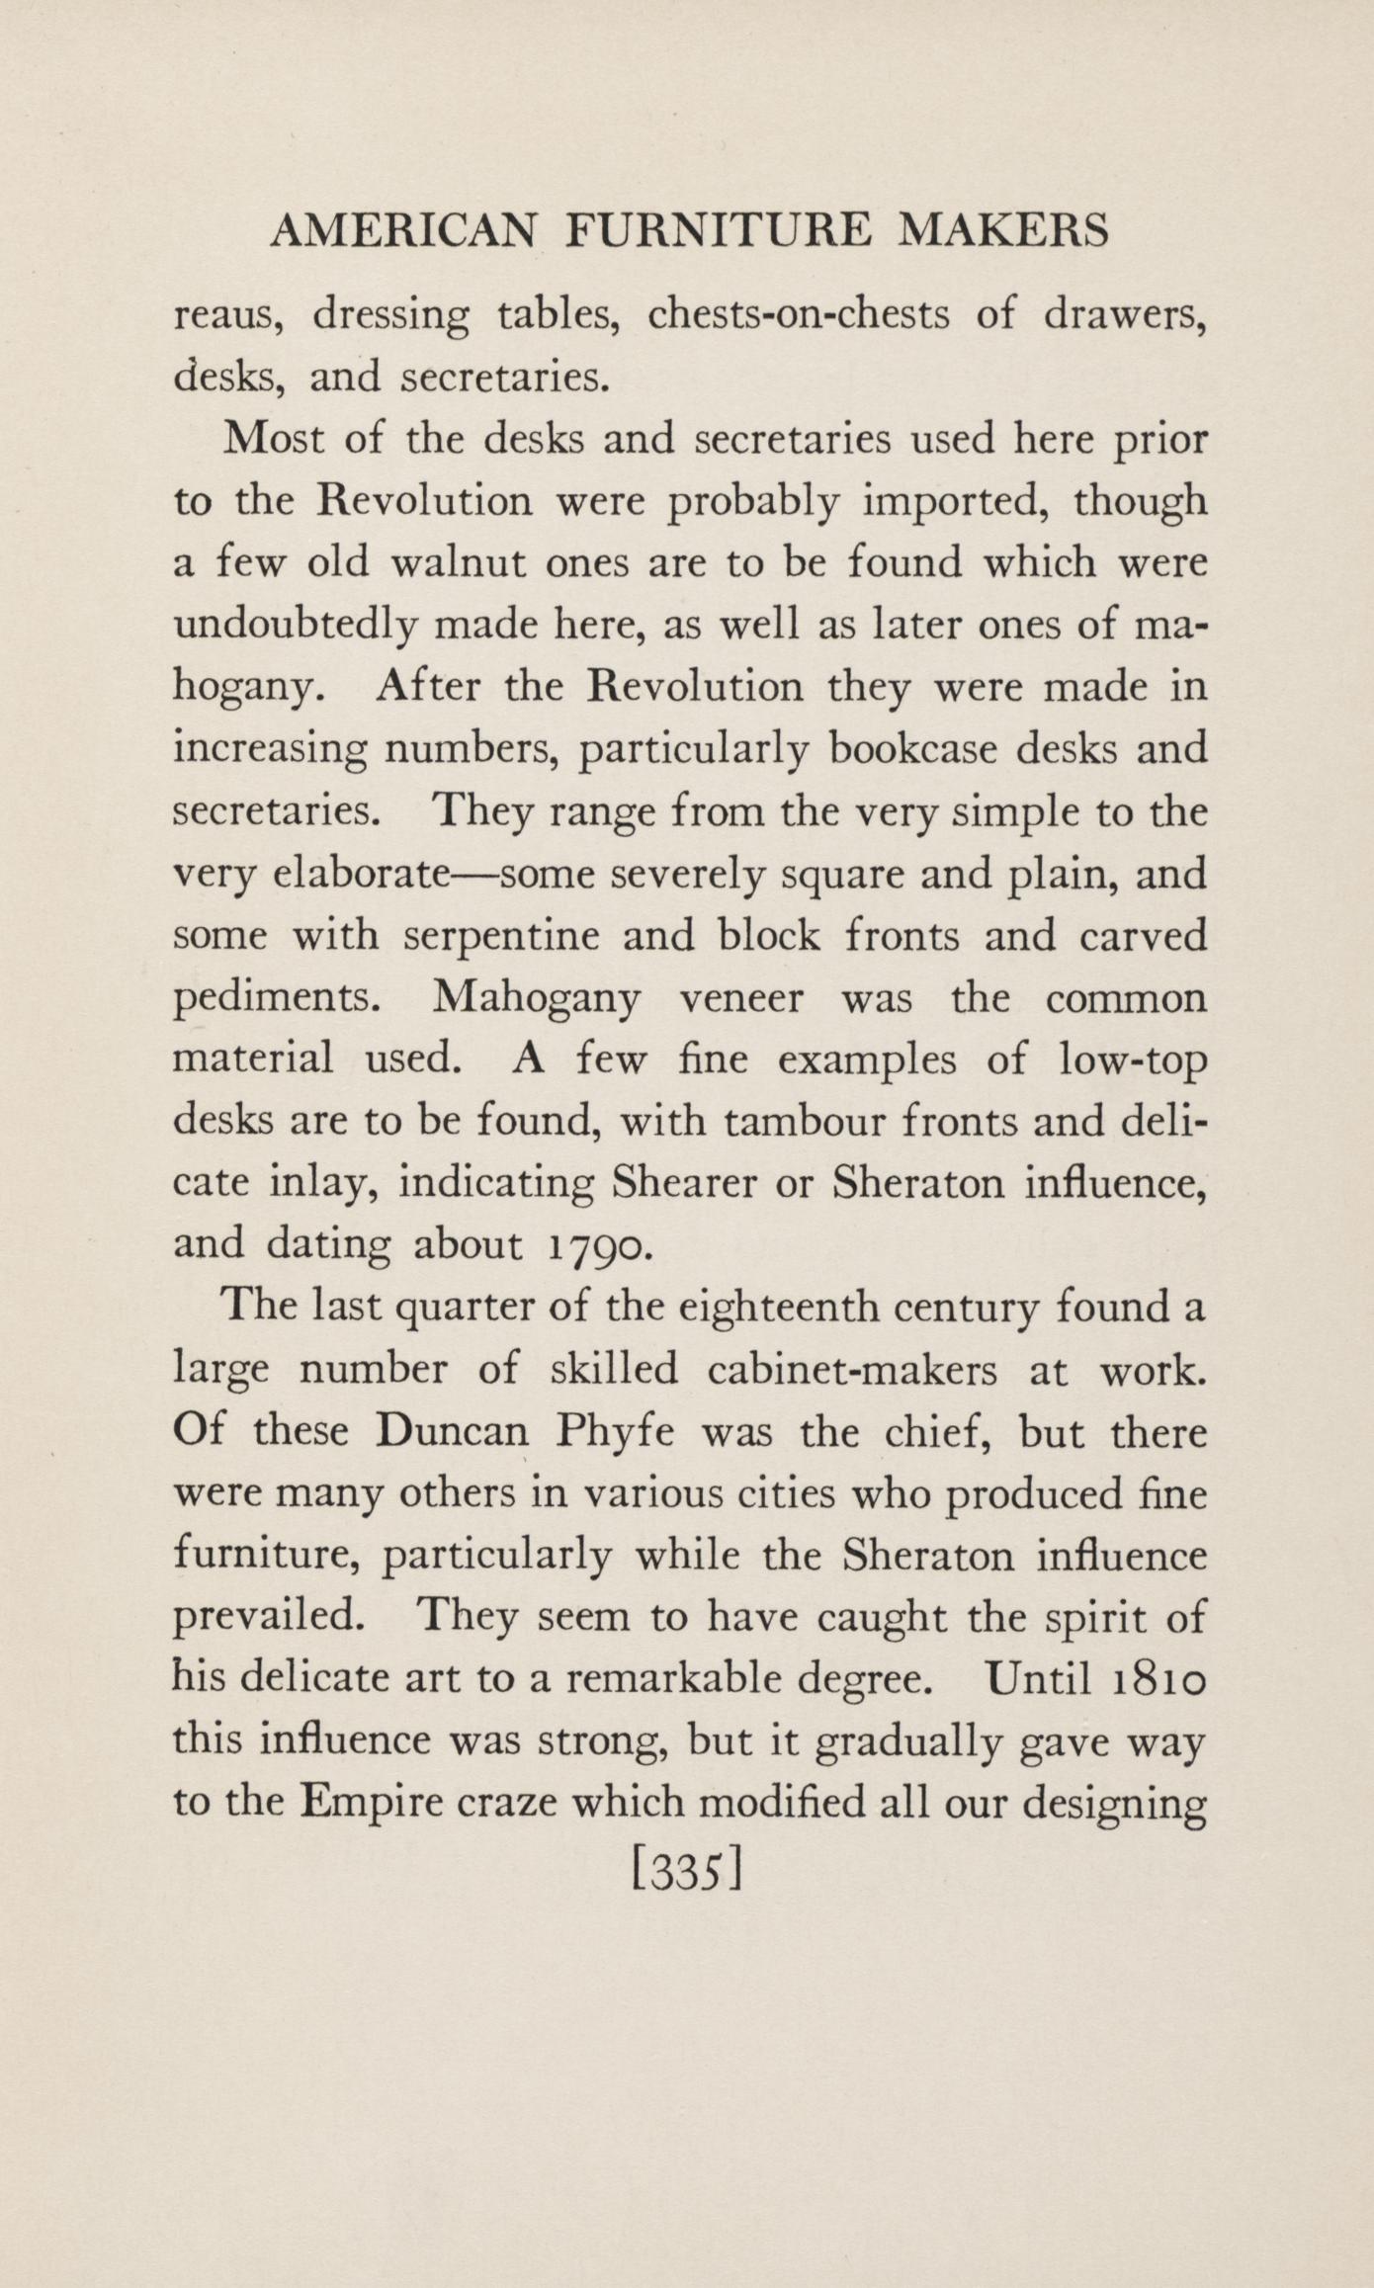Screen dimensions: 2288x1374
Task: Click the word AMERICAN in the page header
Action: pos(404,231)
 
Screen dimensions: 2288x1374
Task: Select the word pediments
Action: pos(278,998)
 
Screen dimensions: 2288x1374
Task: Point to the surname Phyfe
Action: pos(615,1432)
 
